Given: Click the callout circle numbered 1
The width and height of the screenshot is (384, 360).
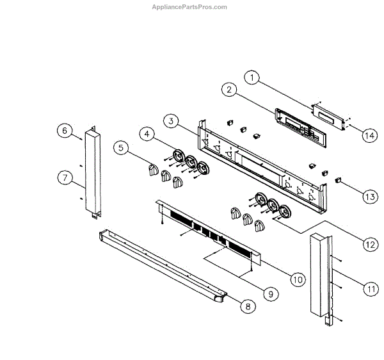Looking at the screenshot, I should (253, 78).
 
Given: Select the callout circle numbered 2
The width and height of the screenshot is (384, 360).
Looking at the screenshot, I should (227, 90).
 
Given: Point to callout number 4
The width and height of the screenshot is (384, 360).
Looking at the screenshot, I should (148, 134).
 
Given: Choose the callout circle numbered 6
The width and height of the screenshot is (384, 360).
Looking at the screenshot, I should (64, 131).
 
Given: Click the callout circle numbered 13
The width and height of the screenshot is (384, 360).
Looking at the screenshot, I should (369, 197).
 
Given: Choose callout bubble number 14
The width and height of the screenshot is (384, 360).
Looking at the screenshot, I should (369, 135).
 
